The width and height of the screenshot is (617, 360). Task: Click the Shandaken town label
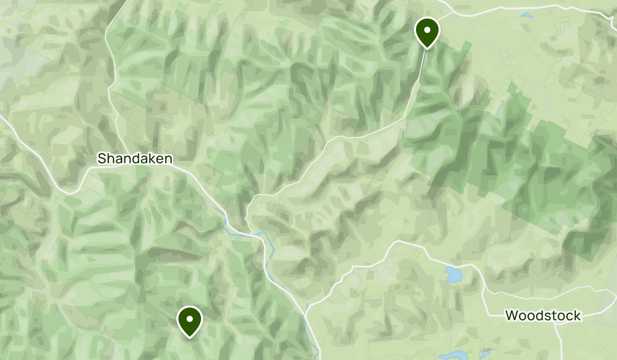(x=135, y=158)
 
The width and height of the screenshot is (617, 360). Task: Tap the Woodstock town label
(x=543, y=315)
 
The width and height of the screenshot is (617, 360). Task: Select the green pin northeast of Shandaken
(x=427, y=30)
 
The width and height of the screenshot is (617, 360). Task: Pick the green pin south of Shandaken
(x=190, y=319)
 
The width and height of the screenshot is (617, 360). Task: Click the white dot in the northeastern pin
(x=427, y=30)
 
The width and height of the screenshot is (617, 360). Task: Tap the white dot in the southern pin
(x=190, y=319)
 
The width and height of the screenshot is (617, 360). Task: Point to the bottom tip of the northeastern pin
(x=427, y=49)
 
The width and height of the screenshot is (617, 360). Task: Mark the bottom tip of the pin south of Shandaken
(x=190, y=338)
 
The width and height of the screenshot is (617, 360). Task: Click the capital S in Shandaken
(x=101, y=158)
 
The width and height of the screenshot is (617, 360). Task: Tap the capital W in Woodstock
(x=512, y=315)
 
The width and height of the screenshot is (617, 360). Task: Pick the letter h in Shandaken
(x=110, y=158)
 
